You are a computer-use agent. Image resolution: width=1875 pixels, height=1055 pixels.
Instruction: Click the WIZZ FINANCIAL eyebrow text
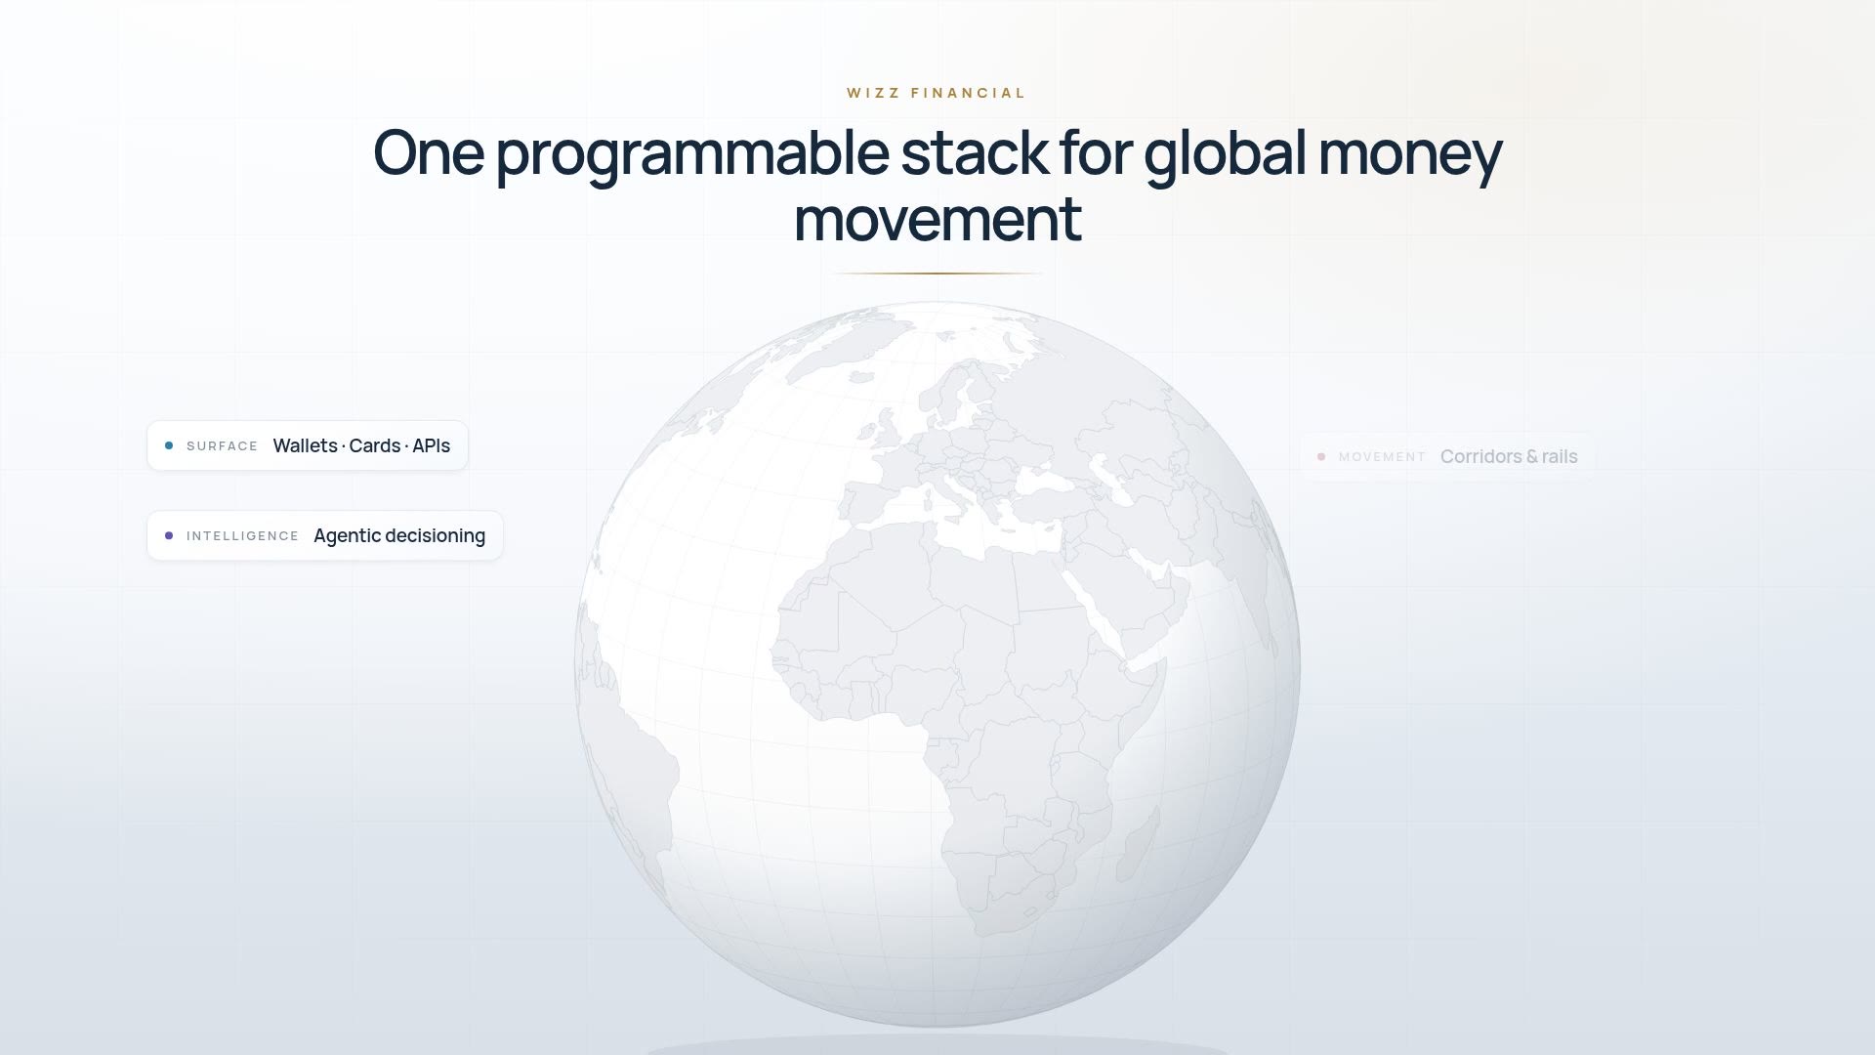coord(937,94)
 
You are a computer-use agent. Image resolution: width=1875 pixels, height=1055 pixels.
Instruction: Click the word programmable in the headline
coord(692,154)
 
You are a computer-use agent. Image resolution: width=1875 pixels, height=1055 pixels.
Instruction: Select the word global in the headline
coord(1225,154)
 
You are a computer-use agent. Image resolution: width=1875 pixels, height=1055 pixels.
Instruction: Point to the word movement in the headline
coord(937,220)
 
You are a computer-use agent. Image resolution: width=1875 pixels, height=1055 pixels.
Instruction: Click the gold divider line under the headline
coord(937,274)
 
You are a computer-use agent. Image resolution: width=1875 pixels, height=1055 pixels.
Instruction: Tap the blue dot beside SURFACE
coord(169,445)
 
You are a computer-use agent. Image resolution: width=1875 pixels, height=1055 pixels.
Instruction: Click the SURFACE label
coord(223,446)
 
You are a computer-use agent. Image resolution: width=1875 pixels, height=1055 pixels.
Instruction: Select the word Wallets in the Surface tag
coord(306,445)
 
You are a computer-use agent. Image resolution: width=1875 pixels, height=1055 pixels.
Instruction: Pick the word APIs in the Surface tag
coord(431,445)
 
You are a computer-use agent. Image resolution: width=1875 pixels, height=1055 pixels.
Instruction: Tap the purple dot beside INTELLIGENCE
coord(169,535)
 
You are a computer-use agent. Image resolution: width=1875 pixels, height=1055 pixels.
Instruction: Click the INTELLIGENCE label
coord(243,536)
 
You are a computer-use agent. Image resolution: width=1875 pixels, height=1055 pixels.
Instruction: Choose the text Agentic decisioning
coord(399,536)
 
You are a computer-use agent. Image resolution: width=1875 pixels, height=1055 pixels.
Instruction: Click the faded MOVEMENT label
coord(1383,457)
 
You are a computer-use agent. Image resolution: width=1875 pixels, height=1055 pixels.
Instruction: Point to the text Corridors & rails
coord(1509,456)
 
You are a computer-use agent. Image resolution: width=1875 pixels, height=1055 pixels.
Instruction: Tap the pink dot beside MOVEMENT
coord(1321,456)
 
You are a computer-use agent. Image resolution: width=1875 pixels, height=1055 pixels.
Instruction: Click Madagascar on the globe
coord(1138,844)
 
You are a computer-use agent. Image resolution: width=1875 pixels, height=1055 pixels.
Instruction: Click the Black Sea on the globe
coord(1045,481)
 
